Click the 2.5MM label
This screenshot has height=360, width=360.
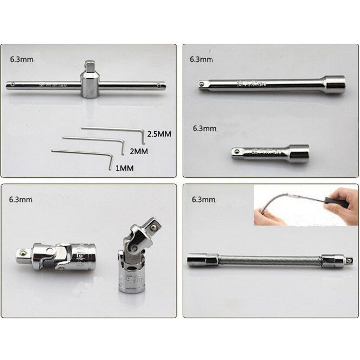coord(159,134)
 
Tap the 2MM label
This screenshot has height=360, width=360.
coord(138,151)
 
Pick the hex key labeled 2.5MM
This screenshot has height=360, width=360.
coord(111,129)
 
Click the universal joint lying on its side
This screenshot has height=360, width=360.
coord(56,256)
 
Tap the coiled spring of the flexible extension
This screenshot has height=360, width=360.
coord(270,260)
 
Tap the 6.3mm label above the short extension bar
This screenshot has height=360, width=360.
coord(205,128)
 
